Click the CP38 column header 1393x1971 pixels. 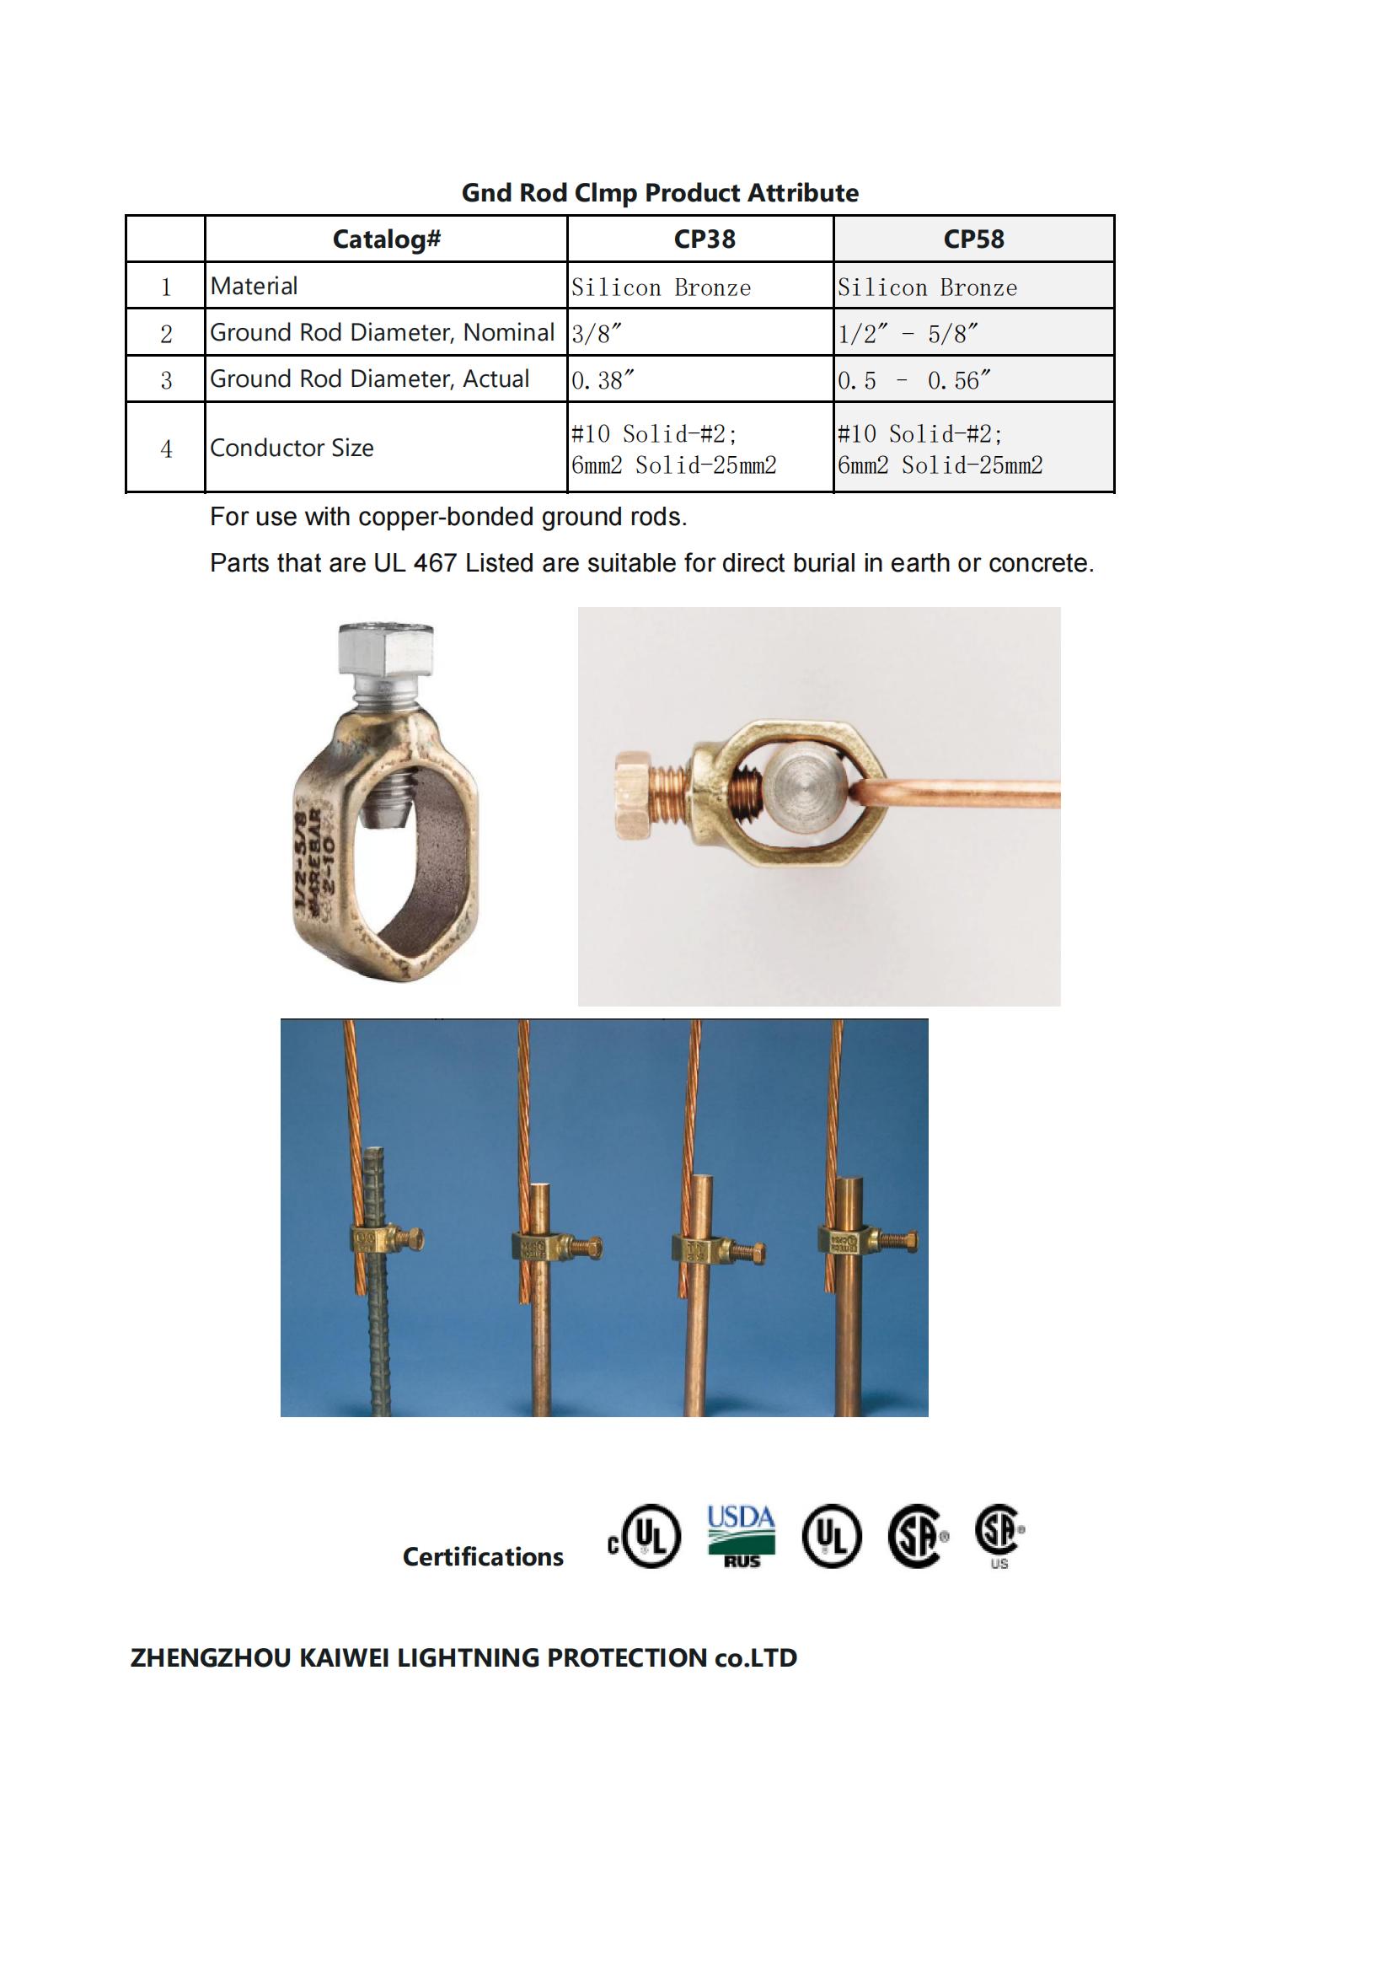tap(704, 239)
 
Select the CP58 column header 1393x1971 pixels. tap(973, 239)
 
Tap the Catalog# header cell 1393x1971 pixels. tap(386, 239)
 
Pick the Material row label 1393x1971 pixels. tap(254, 286)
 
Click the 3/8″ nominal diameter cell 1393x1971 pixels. tap(597, 333)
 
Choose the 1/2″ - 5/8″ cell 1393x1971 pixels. tap(908, 333)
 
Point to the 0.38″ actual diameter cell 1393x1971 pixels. tap(603, 379)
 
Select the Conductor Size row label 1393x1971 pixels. tap(292, 448)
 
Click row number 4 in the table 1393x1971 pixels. tap(166, 448)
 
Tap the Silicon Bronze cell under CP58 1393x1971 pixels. tap(927, 287)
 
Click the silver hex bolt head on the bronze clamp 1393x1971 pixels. tap(386, 650)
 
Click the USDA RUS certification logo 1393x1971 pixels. tap(741, 1537)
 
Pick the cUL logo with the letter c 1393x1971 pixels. tap(645, 1537)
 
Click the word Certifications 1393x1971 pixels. tap(482, 1556)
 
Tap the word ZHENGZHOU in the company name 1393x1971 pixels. tap(211, 1657)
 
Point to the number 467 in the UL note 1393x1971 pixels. tap(434, 563)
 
